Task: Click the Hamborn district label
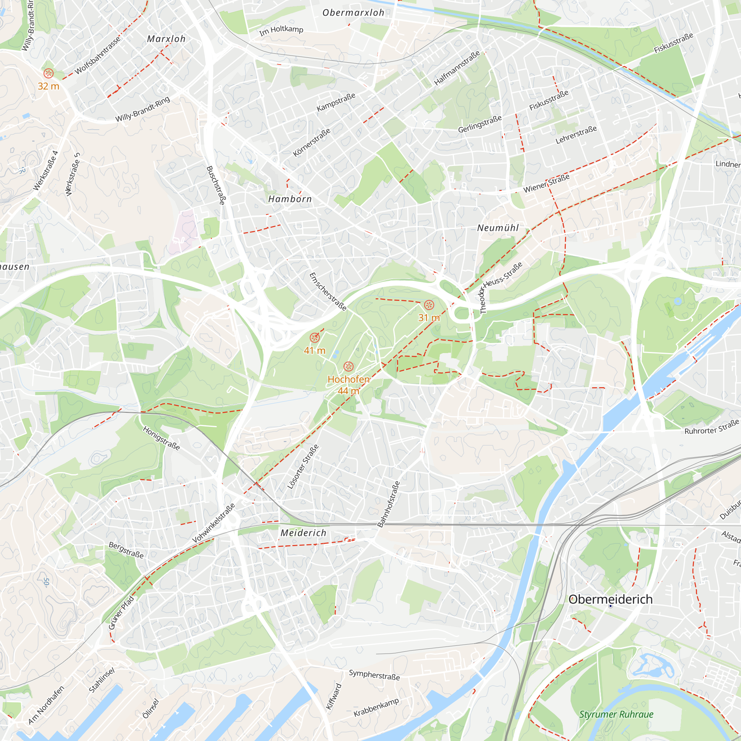pos(290,199)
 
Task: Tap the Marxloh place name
pos(166,39)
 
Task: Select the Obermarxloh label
pos(353,13)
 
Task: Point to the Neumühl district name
pos(498,228)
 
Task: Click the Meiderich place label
pos(303,533)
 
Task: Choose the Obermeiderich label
pos(610,599)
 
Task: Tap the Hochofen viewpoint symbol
pos(348,367)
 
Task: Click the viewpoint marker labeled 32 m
pos(49,73)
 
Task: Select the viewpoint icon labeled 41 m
pos(315,338)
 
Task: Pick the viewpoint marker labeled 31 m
pos(429,305)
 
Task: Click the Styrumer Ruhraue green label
pos(616,715)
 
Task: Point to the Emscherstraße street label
pos(328,292)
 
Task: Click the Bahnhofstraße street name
pos(389,504)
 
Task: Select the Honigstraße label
pos(162,438)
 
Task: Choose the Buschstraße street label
pos(216,185)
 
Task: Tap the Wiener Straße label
pos(546,183)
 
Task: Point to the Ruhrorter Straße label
pos(711,427)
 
